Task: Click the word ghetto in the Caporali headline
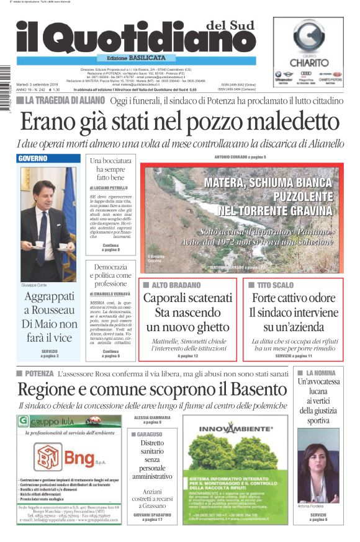click(x=209, y=327)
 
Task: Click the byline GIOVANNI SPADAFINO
click(x=152, y=513)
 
